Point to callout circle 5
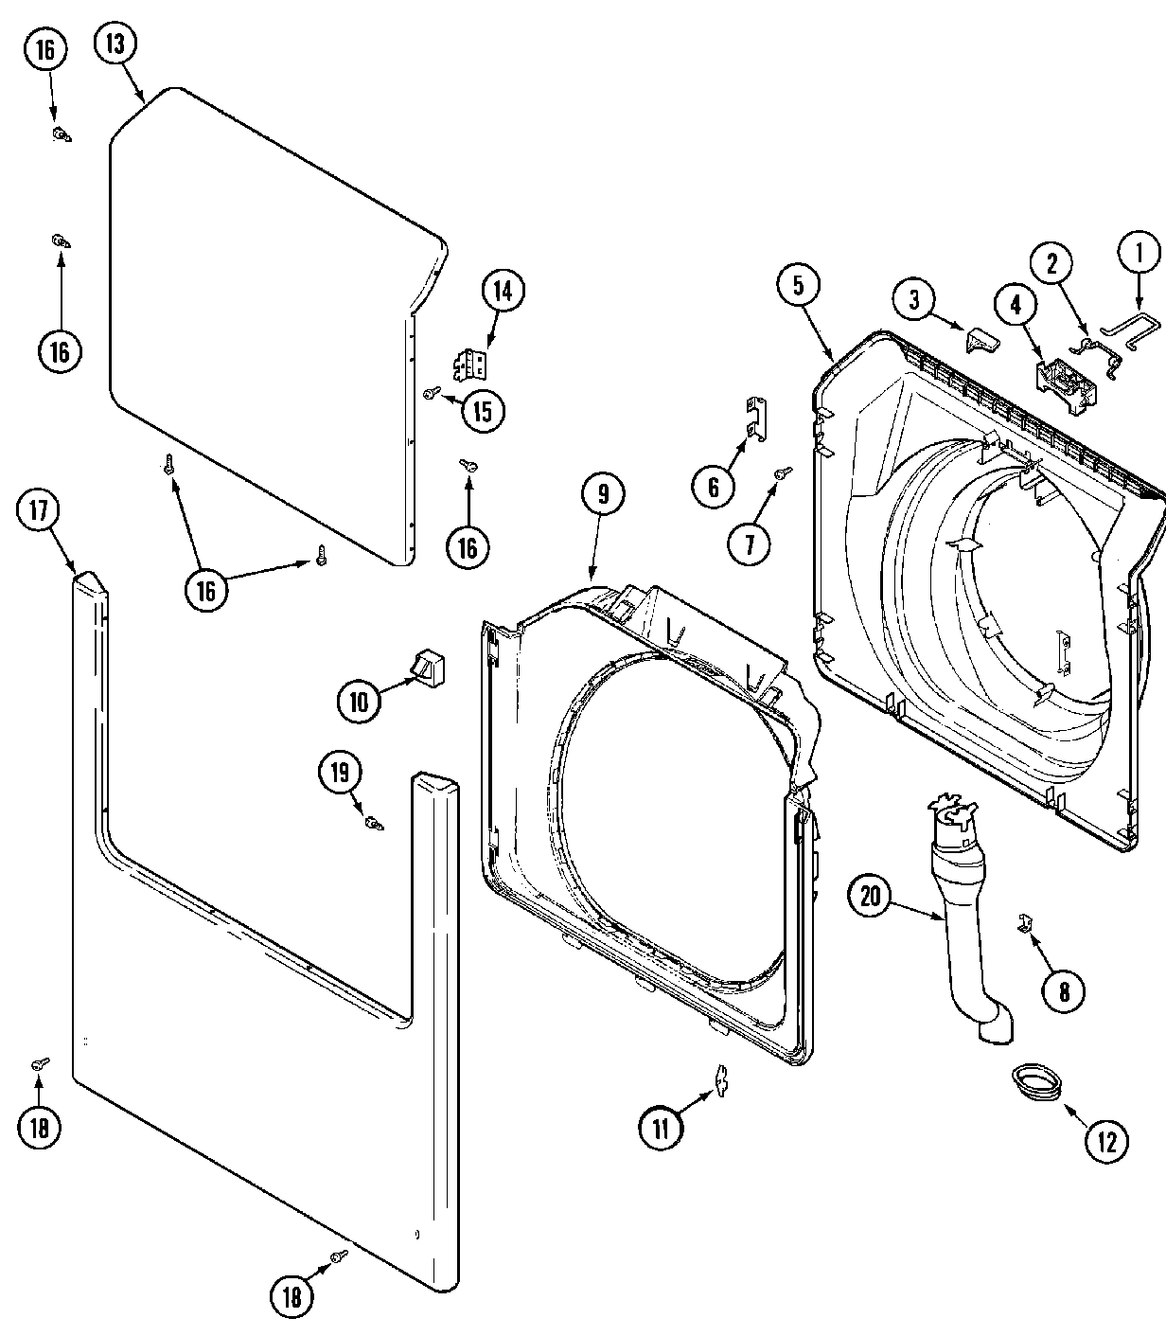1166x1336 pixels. click(799, 287)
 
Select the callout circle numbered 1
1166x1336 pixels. click(1138, 252)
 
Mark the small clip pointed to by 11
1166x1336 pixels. click(720, 1080)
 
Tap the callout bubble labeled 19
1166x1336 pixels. click(340, 773)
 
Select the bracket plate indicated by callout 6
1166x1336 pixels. click(757, 418)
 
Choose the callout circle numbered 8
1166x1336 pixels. click(1064, 991)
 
